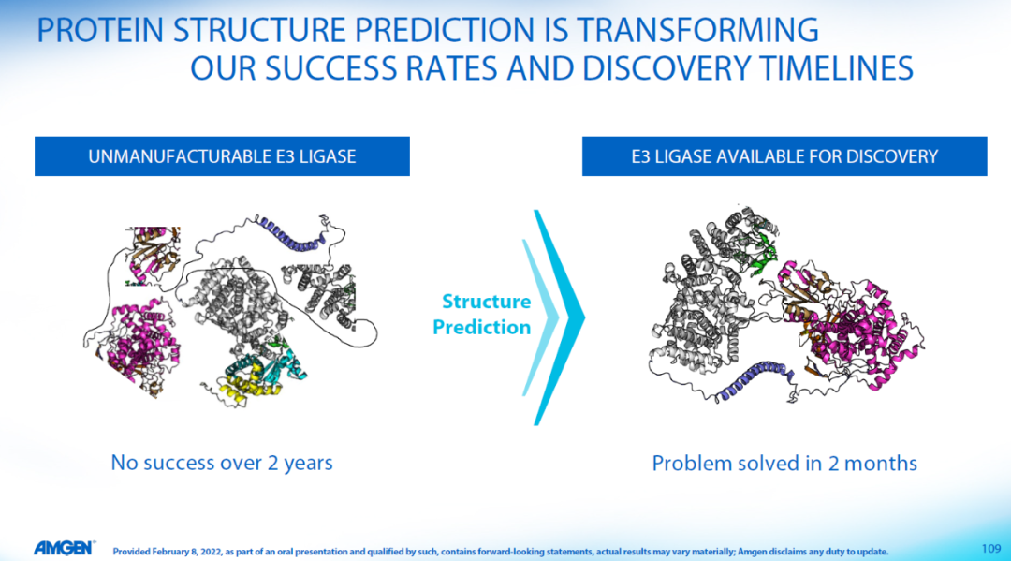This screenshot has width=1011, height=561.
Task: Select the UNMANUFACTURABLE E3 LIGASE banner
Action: pyautogui.click(x=222, y=156)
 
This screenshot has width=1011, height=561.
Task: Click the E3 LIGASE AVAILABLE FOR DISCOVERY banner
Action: pyautogui.click(x=784, y=156)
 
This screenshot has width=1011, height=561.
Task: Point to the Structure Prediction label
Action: pyautogui.click(x=482, y=314)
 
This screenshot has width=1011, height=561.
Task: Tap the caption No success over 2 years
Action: pyautogui.click(x=222, y=463)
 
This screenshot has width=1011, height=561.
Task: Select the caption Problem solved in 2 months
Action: pyautogui.click(x=784, y=463)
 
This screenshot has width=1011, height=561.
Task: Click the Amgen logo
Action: pyautogui.click(x=64, y=548)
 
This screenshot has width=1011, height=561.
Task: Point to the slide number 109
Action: pyautogui.click(x=991, y=549)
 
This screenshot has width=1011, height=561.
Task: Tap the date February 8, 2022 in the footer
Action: pyautogui.click(x=177, y=552)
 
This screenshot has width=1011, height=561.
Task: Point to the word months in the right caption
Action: pyautogui.click(x=881, y=463)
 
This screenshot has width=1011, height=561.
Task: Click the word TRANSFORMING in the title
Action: pyautogui.click(x=697, y=30)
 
